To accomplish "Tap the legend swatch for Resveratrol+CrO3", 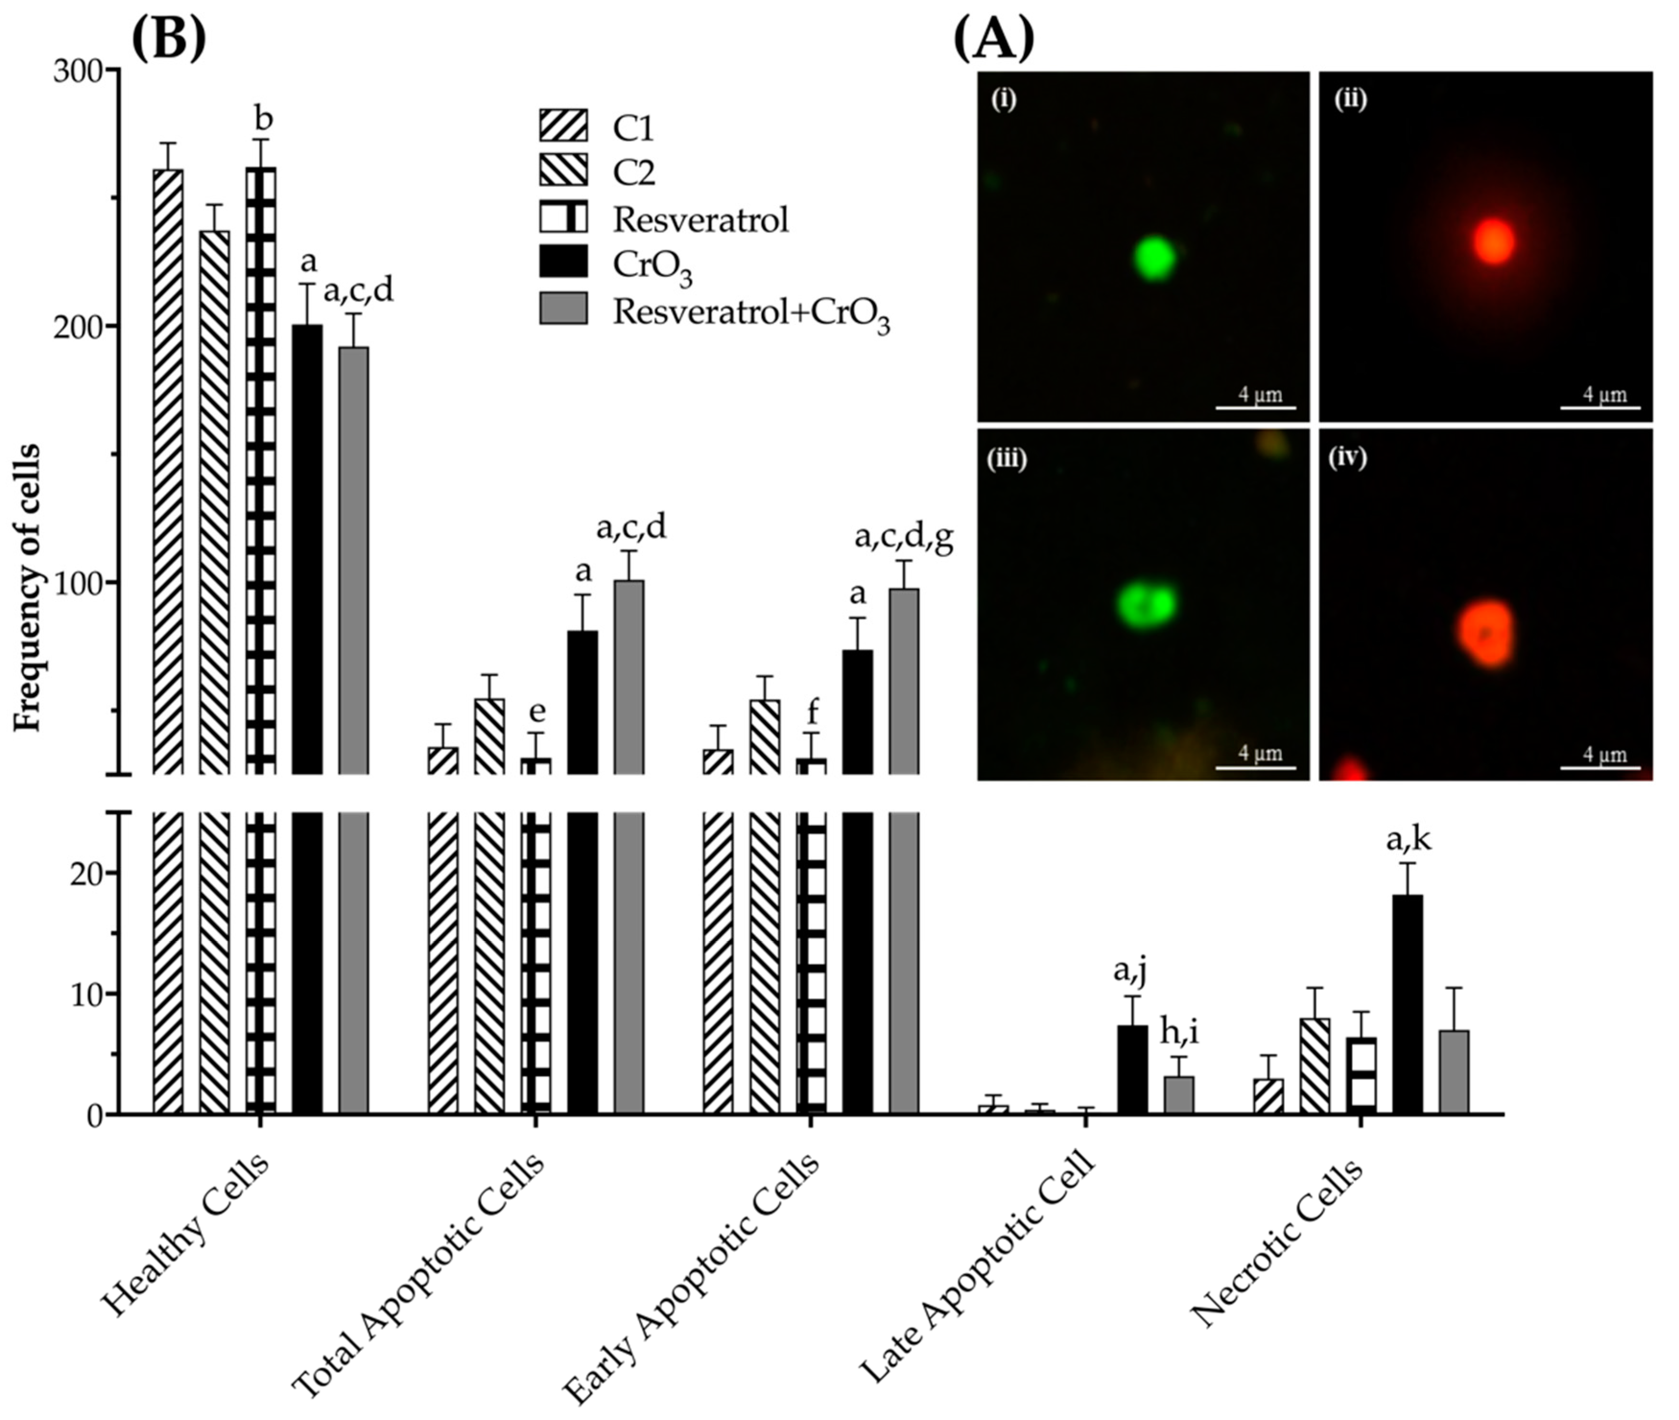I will coord(563,308).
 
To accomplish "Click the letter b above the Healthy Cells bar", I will coord(263,118).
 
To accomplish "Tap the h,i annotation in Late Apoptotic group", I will coord(1179,1033).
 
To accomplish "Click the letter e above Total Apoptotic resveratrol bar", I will coord(537,712).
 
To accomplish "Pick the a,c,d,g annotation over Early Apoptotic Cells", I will coord(904,540).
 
